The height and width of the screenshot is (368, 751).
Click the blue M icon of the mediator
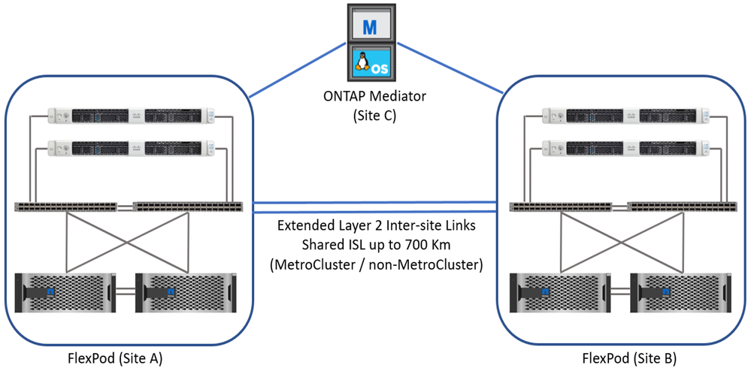point(369,26)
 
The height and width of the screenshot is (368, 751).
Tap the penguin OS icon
point(369,63)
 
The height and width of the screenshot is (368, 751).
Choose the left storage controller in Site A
point(65,291)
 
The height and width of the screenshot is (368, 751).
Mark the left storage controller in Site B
point(559,291)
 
